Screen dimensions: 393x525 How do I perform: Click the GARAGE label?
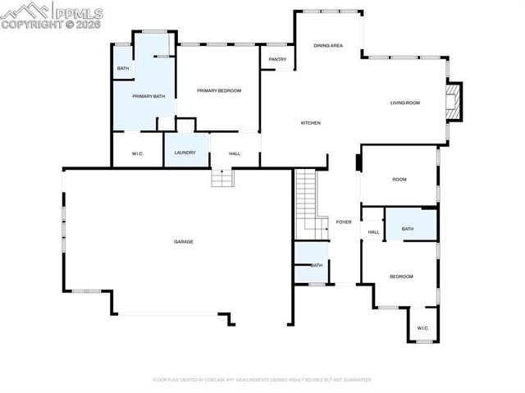[x=183, y=241]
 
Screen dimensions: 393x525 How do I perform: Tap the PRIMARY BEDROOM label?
[x=218, y=90]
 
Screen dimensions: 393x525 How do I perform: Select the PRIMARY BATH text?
[x=148, y=97]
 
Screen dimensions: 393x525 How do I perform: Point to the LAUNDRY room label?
[x=184, y=153]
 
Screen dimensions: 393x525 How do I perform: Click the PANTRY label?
[x=277, y=59]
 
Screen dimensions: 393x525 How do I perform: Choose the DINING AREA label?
[x=328, y=46]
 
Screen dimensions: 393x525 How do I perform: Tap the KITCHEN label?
[x=310, y=123]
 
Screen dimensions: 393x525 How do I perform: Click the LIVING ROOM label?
[x=404, y=103]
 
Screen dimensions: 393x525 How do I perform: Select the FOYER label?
[x=344, y=222]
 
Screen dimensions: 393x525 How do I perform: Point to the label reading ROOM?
[x=399, y=179]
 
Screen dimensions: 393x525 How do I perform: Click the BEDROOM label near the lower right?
[x=401, y=276]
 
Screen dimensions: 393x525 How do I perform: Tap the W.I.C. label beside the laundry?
[x=139, y=153]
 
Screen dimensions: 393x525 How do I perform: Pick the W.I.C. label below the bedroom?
[x=422, y=328]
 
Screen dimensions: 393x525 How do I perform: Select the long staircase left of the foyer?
[x=306, y=201]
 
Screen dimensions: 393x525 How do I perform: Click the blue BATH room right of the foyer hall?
[x=410, y=224]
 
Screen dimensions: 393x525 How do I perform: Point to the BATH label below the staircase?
[x=317, y=265]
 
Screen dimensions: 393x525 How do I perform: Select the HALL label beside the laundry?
[x=234, y=153]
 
